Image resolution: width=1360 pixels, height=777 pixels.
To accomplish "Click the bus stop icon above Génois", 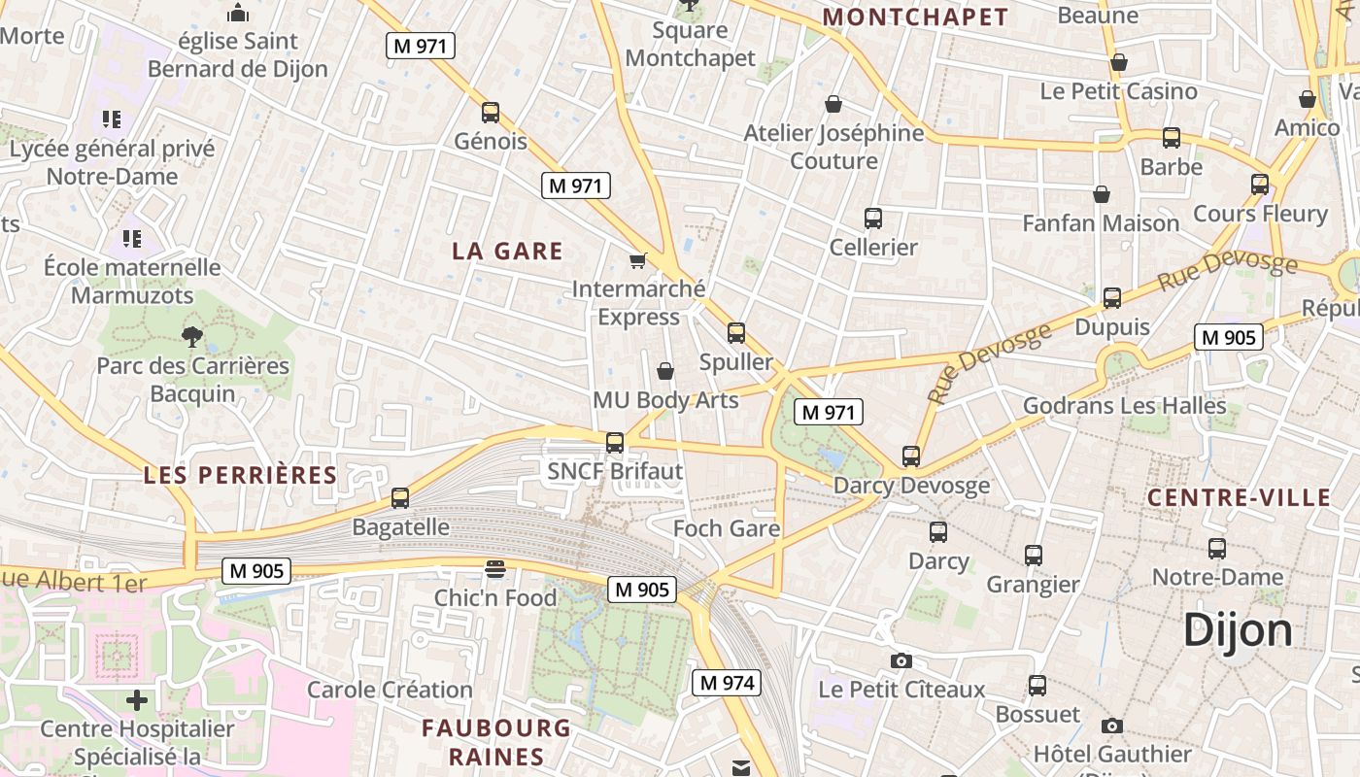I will click(x=491, y=113).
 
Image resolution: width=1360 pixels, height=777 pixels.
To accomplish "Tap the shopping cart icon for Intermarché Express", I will click(x=638, y=260).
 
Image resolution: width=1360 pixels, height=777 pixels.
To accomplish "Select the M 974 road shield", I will click(x=726, y=683).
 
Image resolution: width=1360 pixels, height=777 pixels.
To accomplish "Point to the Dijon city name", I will click(x=1238, y=631).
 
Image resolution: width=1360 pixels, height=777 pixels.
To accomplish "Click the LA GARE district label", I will click(x=507, y=252).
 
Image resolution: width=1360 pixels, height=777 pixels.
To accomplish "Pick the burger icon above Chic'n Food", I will click(x=495, y=569).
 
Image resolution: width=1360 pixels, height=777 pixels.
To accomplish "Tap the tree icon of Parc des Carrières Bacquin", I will click(x=192, y=337).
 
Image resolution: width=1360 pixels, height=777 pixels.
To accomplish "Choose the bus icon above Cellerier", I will click(x=873, y=219).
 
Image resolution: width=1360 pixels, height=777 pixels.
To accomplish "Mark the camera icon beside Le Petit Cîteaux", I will click(x=901, y=661).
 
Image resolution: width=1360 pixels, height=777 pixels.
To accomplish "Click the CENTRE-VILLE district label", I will click(x=1239, y=498).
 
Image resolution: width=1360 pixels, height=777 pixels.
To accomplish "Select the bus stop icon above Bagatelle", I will click(x=400, y=498).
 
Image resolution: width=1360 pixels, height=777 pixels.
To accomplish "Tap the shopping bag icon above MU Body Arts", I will click(x=665, y=371).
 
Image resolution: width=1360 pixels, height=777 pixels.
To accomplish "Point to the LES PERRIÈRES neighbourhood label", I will click(x=240, y=476).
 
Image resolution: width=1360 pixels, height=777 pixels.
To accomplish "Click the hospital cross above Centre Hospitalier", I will click(x=137, y=699).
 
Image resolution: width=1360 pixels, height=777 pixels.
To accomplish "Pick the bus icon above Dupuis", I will click(x=1112, y=298).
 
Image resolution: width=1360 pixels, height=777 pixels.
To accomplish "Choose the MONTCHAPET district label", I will click(x=915, y=17).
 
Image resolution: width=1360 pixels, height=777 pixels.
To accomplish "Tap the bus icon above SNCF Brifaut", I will click(x=615, y=443).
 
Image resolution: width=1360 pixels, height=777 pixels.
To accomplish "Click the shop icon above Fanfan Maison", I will click(x=1101, y=195).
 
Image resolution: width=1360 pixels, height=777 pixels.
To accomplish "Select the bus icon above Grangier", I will click(x=1034, y=556).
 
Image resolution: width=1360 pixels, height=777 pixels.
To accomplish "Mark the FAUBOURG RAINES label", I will click(x=496, y=742).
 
